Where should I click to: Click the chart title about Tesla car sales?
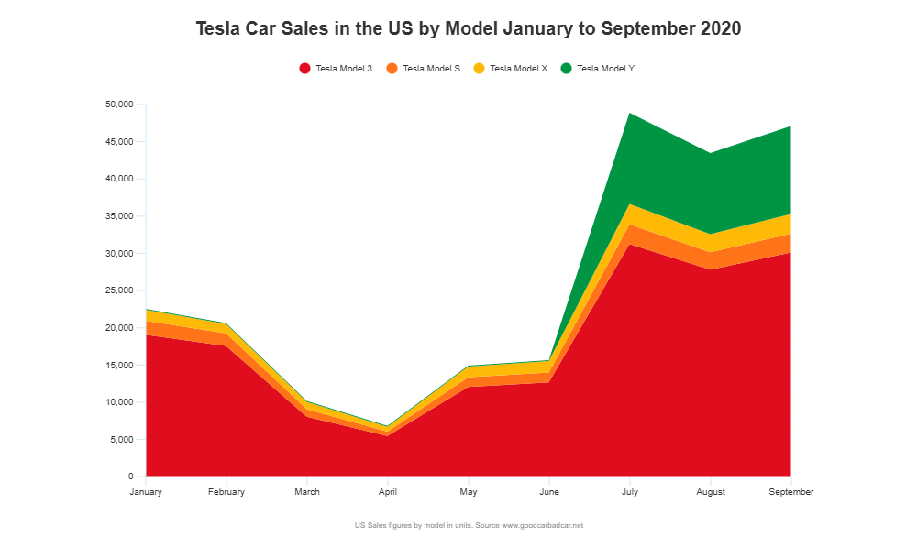point(468,28)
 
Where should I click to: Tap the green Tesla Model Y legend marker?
point(566,69)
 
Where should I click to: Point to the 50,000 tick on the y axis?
point(119,104)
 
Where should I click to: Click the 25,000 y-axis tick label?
point(119,290)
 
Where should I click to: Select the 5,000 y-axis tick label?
point(122,440)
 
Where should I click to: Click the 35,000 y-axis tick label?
point(119,216)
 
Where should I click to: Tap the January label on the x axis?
point(146,492)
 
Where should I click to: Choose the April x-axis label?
point(388,492)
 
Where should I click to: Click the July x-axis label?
point(630,492)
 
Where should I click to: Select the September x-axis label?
point(790,492)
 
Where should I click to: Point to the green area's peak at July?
point(630,113)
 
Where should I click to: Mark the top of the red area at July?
point(630,244)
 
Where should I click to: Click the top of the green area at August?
point(711,152)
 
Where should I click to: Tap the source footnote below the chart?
point(469,526)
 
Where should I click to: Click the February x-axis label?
point(226,492)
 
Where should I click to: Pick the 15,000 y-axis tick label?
point(119,366)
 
